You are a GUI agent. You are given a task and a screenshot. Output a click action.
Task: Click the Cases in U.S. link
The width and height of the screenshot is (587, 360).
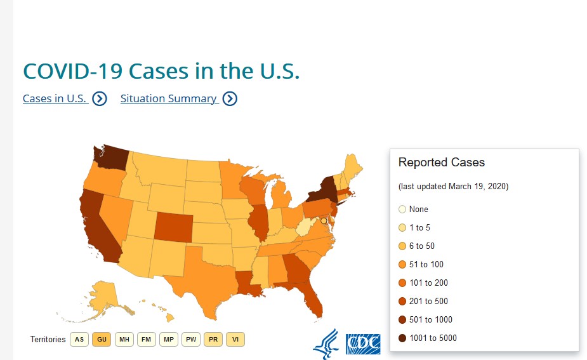pyautogui.click(x=55, y=98)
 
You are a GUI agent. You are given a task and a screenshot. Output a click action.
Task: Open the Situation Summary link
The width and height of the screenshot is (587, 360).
pyautogui.click(x=169, y=98)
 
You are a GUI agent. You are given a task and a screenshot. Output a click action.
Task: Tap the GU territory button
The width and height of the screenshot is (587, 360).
pyautogui.click(x=102, y=340)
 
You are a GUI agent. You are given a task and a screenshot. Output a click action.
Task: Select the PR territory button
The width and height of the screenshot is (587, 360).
pyautogui.click(x=213, y=340)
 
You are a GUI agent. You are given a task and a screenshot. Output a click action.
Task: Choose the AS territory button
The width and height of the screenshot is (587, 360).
pyautogui.click(x=79, y=340)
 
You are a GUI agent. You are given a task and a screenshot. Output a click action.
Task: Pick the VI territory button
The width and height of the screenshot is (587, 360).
pyautogui.click(x=235, y=340)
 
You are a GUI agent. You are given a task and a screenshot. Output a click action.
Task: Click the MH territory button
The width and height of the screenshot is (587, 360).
pyautogui.click(x=124, y=340)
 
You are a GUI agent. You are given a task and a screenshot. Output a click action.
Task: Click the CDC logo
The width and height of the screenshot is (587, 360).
pyautogui.click(x=363, y=343)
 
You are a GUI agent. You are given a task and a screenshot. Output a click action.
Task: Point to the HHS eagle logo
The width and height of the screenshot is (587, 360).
pyautogui.click(x=326, y=343)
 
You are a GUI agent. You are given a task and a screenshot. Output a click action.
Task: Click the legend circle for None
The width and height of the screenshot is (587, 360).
pyautogui.click(x=402, y=210)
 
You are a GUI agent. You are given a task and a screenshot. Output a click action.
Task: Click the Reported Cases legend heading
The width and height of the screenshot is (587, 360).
pyautogui.click(x=442, y=163)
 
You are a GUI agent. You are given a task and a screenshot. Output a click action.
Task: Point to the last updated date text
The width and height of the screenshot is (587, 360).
pyautogui.click(x=453, y=187)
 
